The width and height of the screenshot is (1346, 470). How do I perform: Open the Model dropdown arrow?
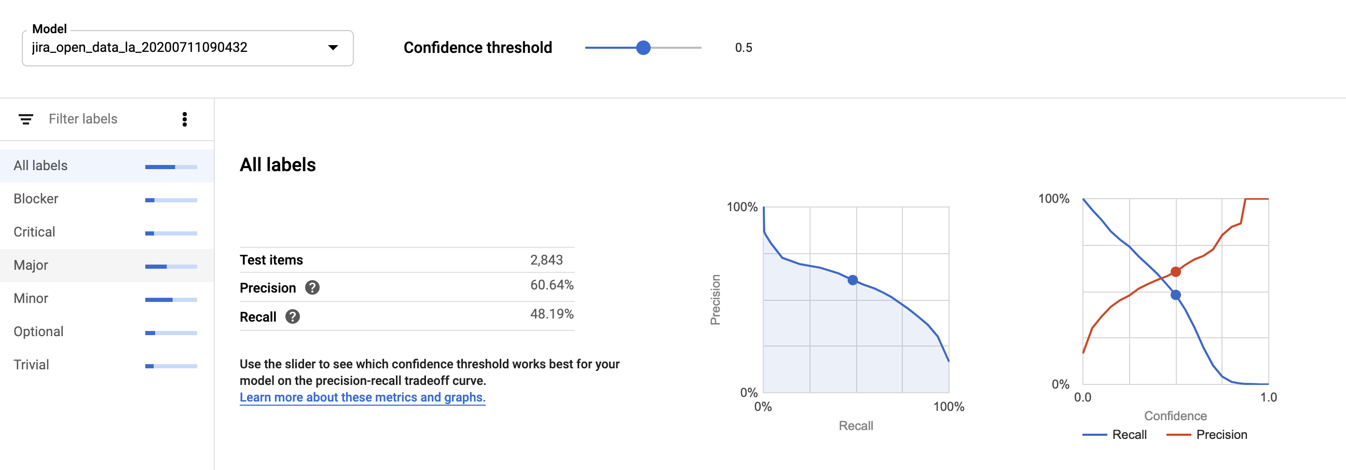pyautogui.click(x=333, y=48)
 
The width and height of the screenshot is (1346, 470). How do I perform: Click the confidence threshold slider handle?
pyautogui.click(x=643, y=48)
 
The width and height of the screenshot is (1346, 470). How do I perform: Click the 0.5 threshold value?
pyautogui.click(x=743, y=48)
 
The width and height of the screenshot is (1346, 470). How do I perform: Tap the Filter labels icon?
pyautogui.click(x=25, y=119)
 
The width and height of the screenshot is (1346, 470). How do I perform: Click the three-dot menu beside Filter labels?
pyautogui.click(x=184, y=119)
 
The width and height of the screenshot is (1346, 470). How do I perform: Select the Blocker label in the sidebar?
pyautogui.click(x=36, y=199)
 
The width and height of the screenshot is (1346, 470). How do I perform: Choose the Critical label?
pyautogui.click(x=34, y=232)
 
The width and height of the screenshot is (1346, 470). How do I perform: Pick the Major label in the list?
pyautogui.click(x=31, y=265)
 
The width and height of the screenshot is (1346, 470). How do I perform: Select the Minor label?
pyautogui.click(x=31, y=298)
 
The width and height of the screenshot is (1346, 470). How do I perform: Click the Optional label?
pyautogui.click(x=39, y=331)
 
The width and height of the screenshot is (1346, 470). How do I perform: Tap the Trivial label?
pyautogui.click(x=31, y=365)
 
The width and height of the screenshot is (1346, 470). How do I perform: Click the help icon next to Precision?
pyautogui.click(x=312, y=288)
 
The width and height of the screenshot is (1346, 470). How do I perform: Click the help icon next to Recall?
pyautogui.click(x=293, y=316)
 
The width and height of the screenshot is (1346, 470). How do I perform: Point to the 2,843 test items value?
pyautogui.click(x=546, y=260)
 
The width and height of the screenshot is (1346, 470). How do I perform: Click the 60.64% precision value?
pyautogui.click(x=551, y=285)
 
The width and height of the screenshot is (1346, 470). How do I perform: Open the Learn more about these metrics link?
pyautogui.click(x=362, y=397)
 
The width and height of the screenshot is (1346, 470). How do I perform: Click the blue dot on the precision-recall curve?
pyautogui.click(x=853, y=281)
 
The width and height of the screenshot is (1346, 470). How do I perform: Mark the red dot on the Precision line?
pyautogui.click(x=1176, y=271)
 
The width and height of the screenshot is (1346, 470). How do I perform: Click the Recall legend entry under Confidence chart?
pyautogui.click(x=1129, y=435)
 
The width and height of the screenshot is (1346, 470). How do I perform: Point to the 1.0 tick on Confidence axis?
pyautogui.click(x=1268, y=397)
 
